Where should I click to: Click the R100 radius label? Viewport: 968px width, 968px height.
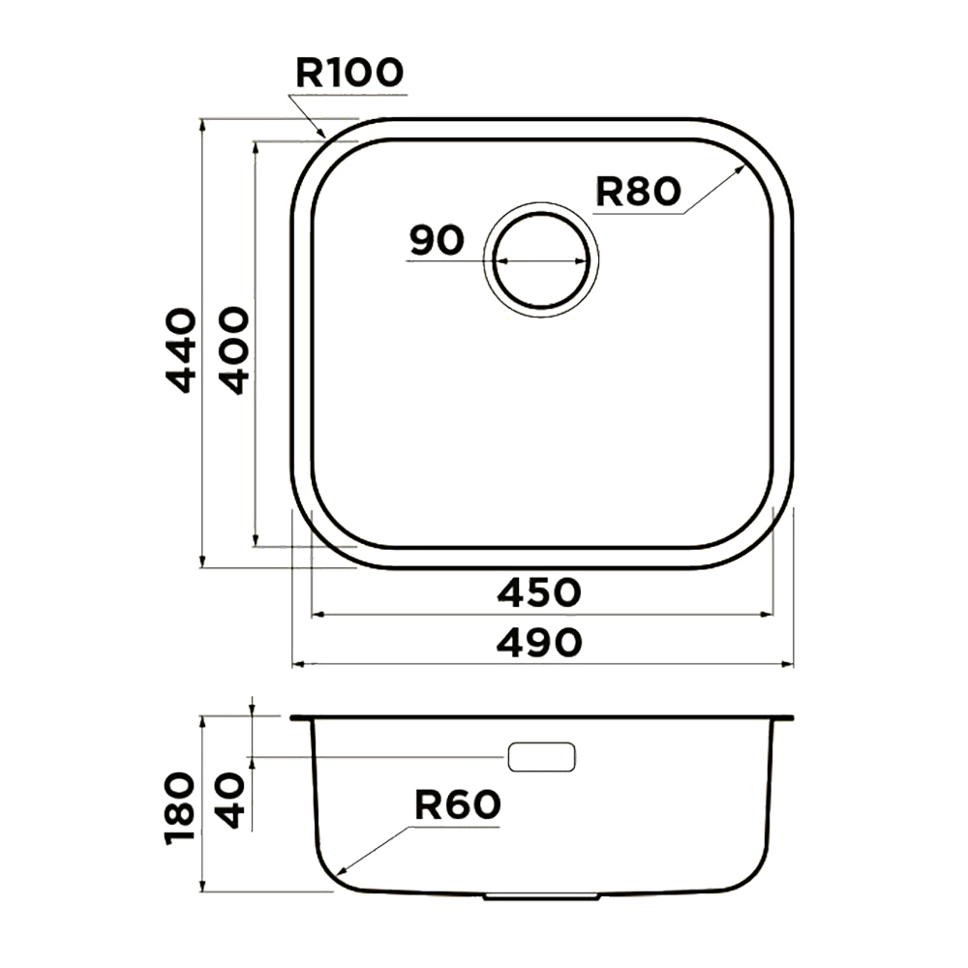349,73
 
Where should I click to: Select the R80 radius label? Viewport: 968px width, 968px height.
638,191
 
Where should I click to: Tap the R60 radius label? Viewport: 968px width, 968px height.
458,805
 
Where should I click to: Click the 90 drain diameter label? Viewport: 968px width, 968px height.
437,240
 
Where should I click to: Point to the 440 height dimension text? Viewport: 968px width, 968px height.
183,350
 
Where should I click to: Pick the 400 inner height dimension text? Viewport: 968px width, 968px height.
235,350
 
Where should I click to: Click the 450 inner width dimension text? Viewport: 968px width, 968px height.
539,592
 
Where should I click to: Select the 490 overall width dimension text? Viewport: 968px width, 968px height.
539,642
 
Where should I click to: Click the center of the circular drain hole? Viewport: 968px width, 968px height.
541,259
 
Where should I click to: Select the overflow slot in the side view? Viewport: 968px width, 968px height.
541,757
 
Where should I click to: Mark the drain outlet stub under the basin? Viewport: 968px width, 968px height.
541,895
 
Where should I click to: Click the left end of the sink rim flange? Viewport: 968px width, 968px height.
290,718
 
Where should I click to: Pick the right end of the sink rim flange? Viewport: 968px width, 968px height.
793,718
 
